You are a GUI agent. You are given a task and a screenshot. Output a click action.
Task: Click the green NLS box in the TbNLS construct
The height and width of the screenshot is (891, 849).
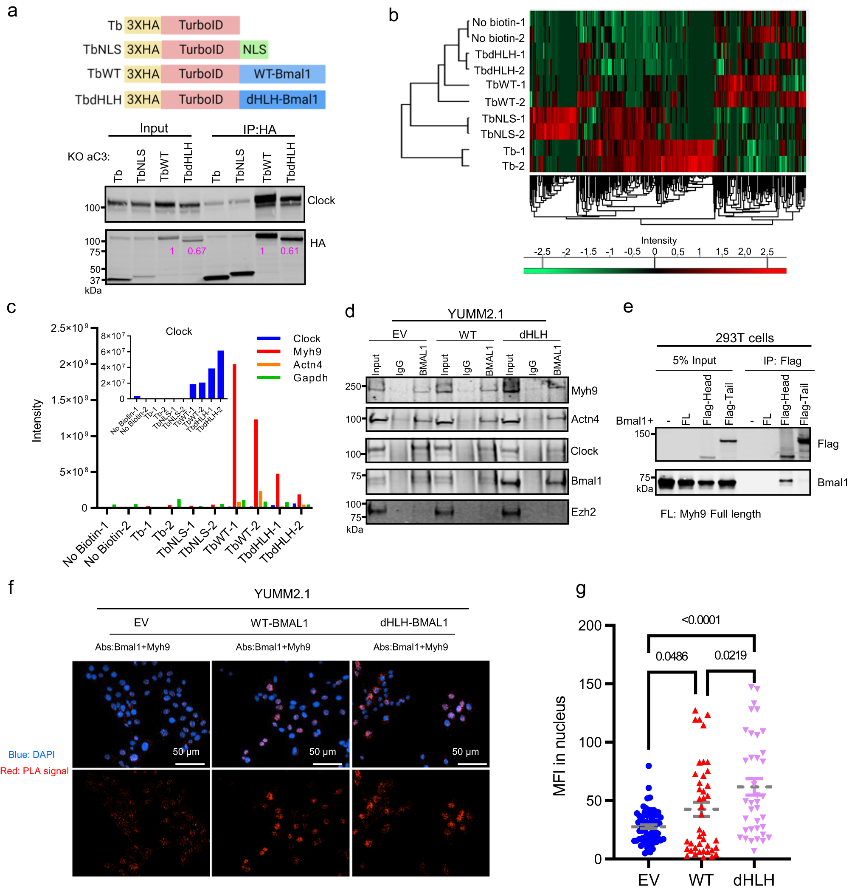pos(254,49)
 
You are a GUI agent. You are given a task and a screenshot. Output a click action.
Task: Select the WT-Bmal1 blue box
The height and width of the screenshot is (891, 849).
pos(282,74)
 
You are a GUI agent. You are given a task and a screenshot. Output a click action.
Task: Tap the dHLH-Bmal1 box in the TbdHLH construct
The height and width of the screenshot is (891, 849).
pos(282,100)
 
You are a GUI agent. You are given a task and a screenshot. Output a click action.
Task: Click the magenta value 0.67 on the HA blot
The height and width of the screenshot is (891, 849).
pos(197,251)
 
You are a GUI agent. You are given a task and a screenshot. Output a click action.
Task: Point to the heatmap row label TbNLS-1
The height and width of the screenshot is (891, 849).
pos(503,118)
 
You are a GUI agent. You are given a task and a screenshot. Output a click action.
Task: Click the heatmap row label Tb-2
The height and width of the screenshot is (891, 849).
pos(513,166)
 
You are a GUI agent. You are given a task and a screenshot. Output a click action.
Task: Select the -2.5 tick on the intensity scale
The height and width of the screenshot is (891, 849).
pos(542,252)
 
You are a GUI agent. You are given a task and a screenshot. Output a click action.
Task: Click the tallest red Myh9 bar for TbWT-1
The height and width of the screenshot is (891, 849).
pos(234,434)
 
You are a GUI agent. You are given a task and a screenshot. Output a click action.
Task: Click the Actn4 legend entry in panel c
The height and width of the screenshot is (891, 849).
pos(307,364)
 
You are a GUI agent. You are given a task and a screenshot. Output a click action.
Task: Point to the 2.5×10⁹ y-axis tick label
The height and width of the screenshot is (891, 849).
pos(69,328)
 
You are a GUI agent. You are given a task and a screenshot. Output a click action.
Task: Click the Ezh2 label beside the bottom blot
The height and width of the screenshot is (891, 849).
pos(583,512)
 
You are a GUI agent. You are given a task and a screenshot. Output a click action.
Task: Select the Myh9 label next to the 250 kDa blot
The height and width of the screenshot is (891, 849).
pos(584,391)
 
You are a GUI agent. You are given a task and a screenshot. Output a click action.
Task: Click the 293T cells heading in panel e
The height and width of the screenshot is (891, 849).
pos(744,338)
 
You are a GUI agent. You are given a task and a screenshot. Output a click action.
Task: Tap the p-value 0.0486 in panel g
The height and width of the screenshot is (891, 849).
pos(671,656)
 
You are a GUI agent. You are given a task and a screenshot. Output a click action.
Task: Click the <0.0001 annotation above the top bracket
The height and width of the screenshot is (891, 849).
pos(700,620)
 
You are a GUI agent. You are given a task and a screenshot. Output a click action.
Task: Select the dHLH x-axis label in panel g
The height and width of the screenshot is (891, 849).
pos(753,880)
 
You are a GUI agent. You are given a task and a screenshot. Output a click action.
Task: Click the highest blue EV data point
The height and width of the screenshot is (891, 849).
pos(649,766)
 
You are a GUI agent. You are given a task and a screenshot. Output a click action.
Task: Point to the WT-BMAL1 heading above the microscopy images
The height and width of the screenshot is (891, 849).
pos(279,623)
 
